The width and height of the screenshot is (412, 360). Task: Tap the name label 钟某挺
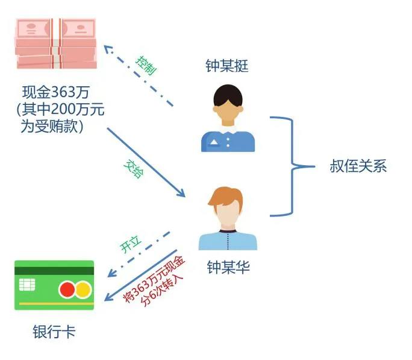pyautogui.click(x=226, y=66)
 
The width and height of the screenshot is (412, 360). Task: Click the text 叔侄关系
pyautogui.click(x=358, y=166)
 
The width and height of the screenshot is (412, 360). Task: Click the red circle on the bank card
pyautogui.click(x=67, y=290)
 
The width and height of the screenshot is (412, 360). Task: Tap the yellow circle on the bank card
pyautogui.click(x=83, y=290)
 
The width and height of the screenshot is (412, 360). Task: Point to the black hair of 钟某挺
pyautogui.click(x=228, y=92)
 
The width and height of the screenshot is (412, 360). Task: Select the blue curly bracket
pyautogui.click(x=292, y=166)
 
